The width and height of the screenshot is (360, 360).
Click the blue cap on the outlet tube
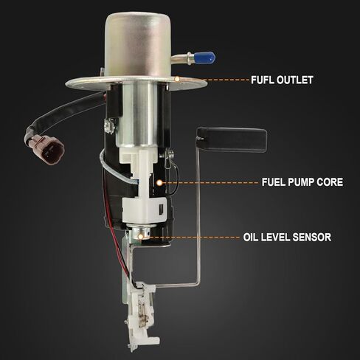[x=204, y=58]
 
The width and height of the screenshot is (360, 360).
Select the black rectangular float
[x=232, y=139]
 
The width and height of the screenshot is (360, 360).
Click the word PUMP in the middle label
[x=302, y=182]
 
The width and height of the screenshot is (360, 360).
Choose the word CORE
[x=330, y=182]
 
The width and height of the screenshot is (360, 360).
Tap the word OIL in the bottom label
[x=251, y=238]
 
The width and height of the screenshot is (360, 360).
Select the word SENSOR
[x=312, y=238]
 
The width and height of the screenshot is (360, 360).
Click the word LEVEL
[x=275, y=238]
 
